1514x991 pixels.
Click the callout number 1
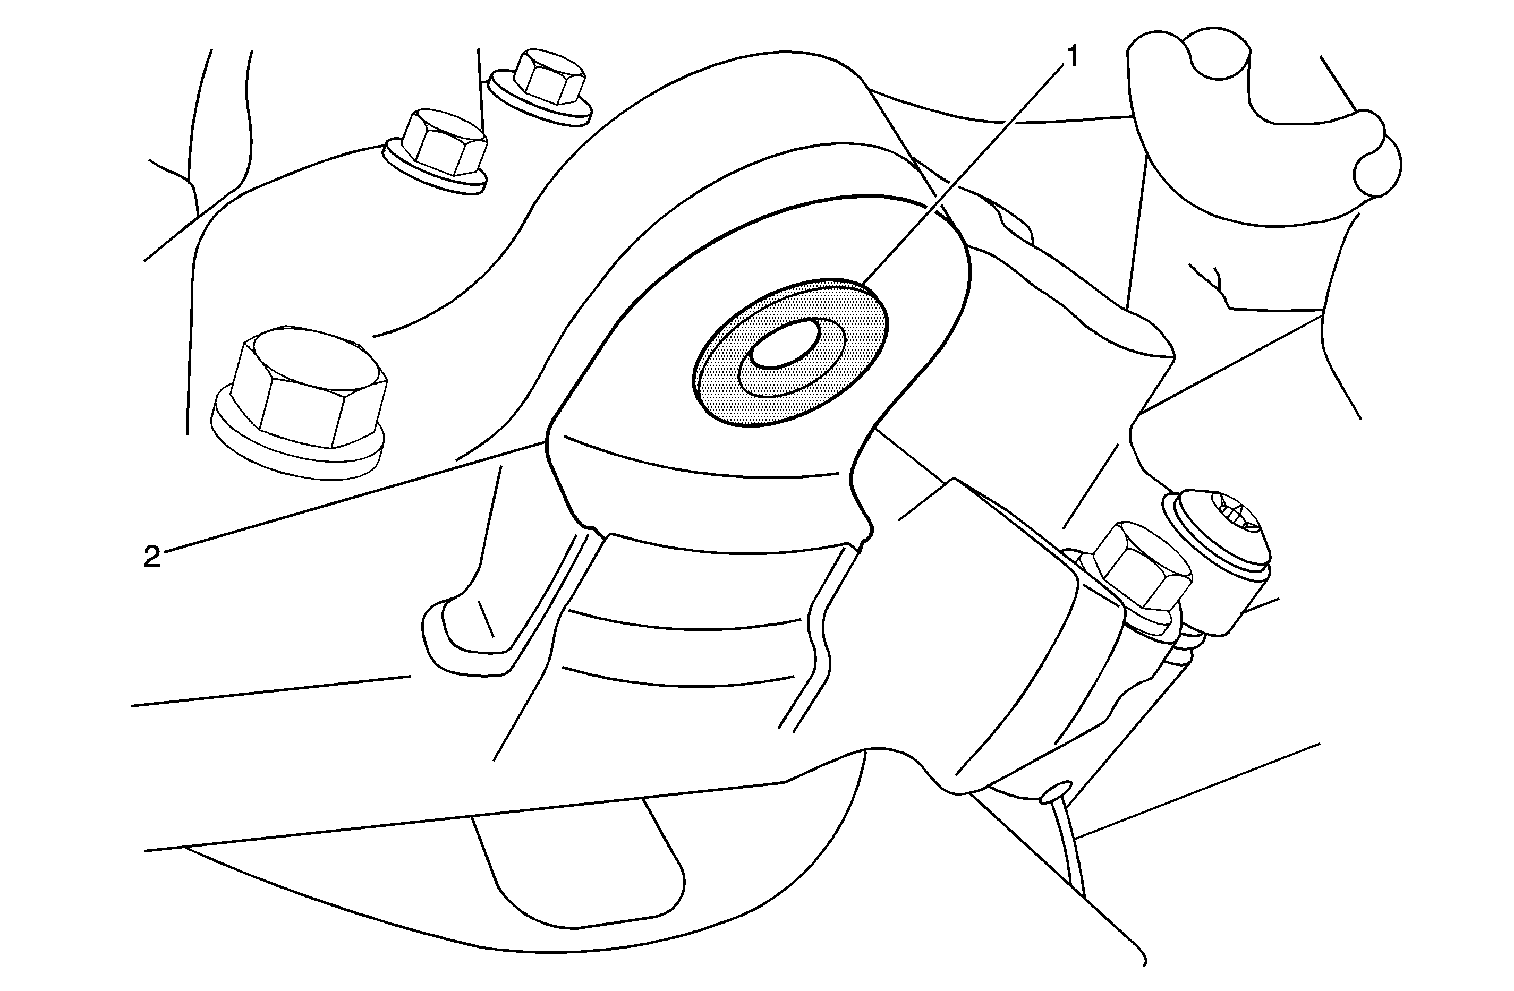(x=1072, y=57)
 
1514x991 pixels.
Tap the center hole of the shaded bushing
(x=784, y=344)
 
